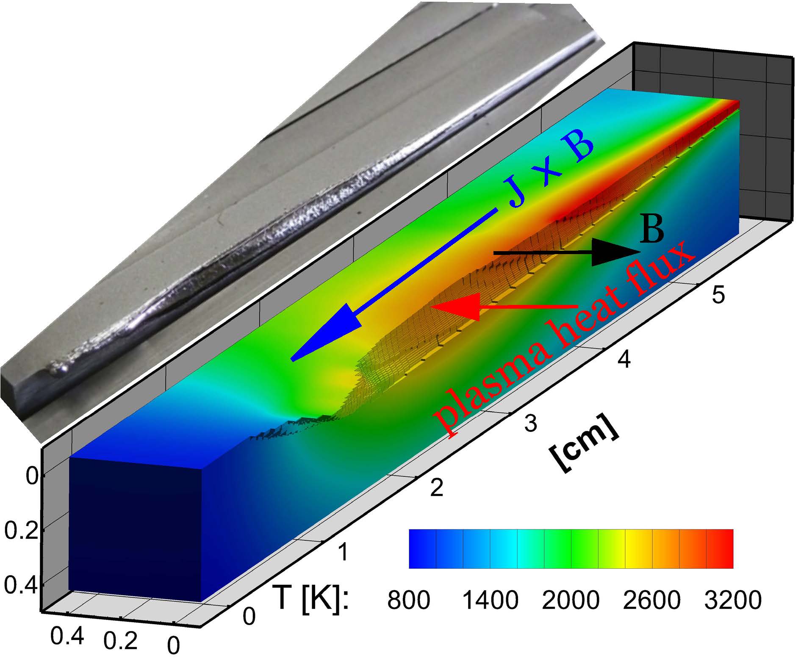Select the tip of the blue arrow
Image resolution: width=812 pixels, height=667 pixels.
[291, 360]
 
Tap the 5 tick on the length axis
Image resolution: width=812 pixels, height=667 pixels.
[718, 295]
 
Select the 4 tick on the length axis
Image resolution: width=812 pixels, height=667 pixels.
[624, 360]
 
